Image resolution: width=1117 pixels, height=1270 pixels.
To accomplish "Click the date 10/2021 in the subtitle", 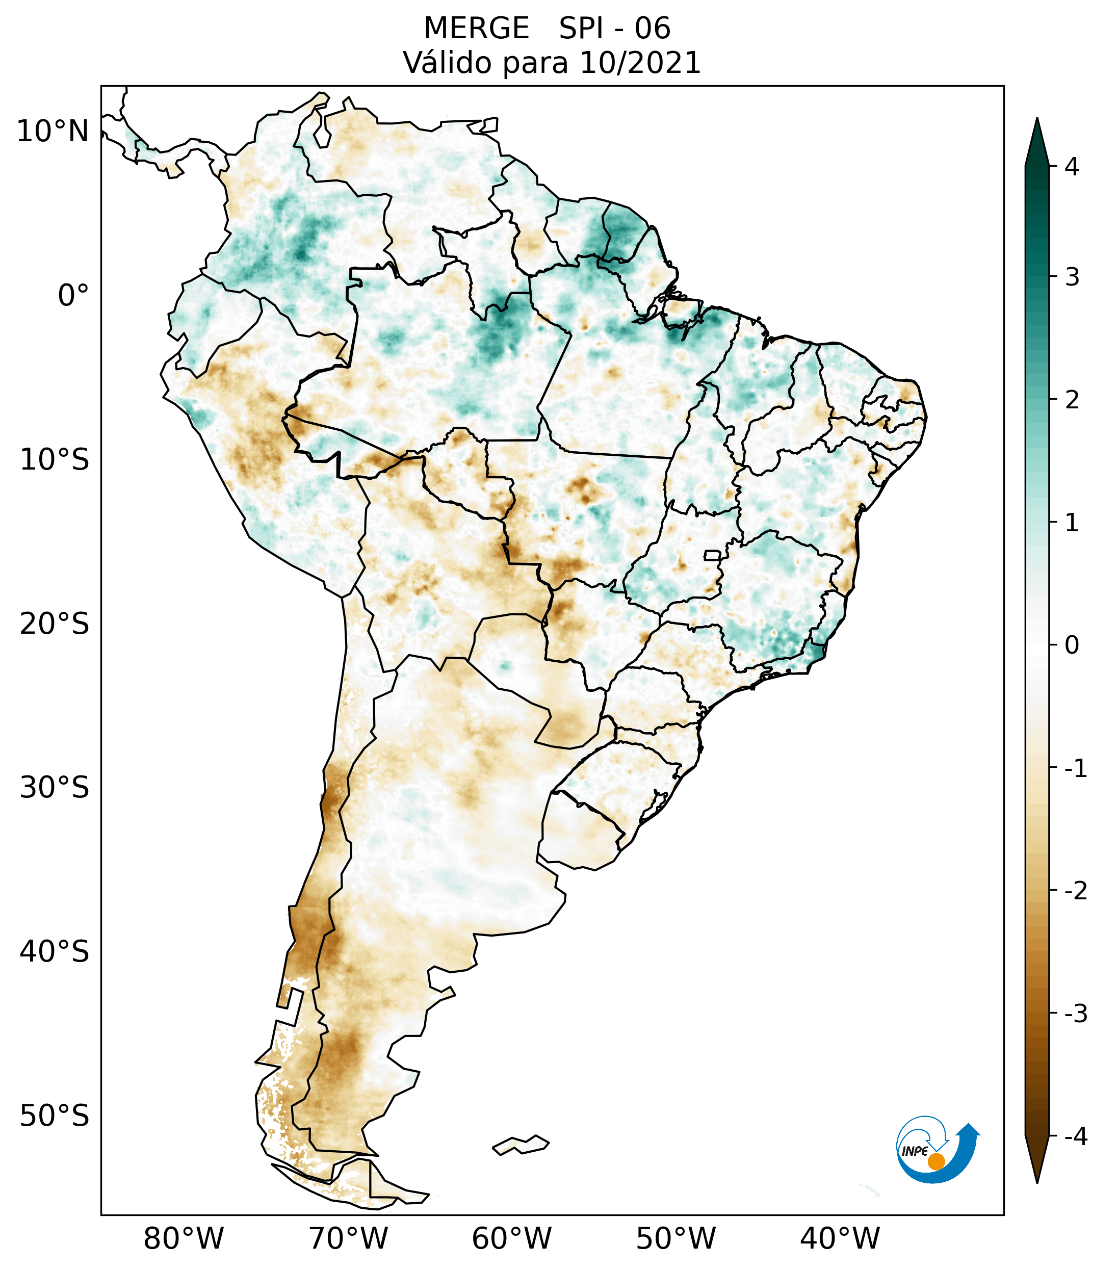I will click(x=640, y=63).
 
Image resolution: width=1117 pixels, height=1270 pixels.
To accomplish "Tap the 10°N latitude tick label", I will click(x=53, y=132).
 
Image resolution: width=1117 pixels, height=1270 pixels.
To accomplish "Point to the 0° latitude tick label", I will click(x=73, y=296).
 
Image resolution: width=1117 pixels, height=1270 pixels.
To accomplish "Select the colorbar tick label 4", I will click(x=1072, y=167).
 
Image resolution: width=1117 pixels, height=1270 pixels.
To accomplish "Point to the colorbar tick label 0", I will click(x=1072, y=645).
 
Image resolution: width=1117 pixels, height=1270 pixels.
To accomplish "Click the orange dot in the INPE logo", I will click(x=936, y=1161).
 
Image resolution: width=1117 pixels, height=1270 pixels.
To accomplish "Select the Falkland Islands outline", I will click(x=521, y=1144).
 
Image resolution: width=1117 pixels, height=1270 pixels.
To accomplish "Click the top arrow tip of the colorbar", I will click(x=1036, y=120).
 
